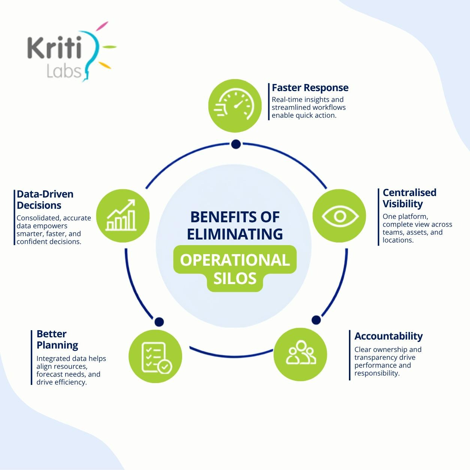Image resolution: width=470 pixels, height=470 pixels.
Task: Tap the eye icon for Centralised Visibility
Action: tap(340, 216)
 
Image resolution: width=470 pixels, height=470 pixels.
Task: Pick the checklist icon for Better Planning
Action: tap(157, 358)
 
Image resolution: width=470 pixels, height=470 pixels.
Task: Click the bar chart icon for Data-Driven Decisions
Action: tap(121, 215)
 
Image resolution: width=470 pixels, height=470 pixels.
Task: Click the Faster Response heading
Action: tap(310, 88)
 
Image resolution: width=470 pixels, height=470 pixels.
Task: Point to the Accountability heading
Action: tap(388, 336)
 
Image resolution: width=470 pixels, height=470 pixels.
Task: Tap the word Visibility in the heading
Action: tap(403, 204)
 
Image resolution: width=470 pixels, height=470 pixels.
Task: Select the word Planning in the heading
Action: tap(57, 345)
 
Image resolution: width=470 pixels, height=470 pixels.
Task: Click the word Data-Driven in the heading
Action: tap(45, 194)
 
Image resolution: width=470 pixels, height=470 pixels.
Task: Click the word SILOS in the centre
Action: tap(235, 278)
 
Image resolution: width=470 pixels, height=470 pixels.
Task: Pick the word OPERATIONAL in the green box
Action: tap(235, 260)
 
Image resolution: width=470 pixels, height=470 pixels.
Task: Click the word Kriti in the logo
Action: tap(54, 48)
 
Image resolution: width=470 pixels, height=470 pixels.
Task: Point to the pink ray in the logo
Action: tap(102, 26)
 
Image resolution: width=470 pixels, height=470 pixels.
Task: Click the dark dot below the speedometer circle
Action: tap(236, 144)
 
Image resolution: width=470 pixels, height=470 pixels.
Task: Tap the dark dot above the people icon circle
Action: tap(316, 320)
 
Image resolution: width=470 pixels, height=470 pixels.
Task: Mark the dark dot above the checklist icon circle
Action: tap(159, 322)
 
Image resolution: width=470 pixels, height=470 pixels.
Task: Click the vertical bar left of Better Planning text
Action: tap(31, 358)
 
